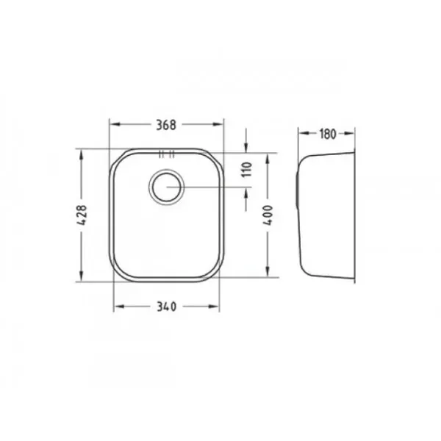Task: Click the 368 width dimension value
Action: (166, 125)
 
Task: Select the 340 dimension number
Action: (167, 306)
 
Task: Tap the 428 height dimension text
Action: (82, 215)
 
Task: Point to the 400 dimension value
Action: (268, 215)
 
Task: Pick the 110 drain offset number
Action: (246, 169)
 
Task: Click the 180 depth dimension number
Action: (327, 134)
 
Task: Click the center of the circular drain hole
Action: (167, 187)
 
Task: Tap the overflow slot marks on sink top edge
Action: (167, 154)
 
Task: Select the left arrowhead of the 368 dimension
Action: (115, 124)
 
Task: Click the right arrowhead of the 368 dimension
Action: (218, 124)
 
